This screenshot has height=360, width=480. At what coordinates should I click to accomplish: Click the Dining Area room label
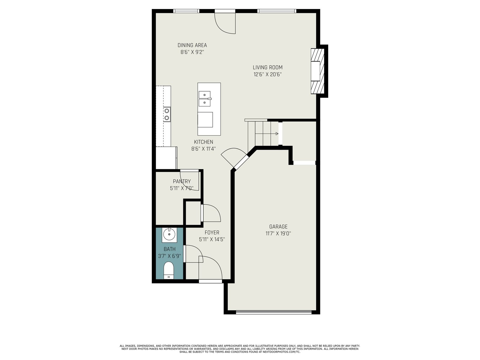pos(192,45)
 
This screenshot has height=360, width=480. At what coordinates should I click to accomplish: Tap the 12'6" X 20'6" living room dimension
pos(267,74)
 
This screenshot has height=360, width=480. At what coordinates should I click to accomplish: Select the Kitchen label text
pos(204,142)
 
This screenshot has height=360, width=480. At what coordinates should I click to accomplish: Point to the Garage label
pos(278,227)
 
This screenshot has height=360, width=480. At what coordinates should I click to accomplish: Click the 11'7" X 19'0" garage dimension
pos(278,233)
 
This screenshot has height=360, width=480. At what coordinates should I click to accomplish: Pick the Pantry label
pos(182,181)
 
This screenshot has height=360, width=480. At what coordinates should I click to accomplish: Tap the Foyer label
pos(212,232)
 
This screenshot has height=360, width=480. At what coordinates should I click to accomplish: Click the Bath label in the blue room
pos(169,249)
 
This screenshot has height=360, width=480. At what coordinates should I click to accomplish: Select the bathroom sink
pos(169,235)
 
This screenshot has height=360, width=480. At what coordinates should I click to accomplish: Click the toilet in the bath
pos(169,271)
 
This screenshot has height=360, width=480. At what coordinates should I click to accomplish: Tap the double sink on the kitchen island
pos(205,99)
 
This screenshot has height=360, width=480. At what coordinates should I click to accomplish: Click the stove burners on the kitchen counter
pos(167,114)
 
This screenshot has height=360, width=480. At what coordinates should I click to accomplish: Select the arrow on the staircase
pos(267,133)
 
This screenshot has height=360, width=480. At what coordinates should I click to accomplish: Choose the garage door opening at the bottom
pos(274,312)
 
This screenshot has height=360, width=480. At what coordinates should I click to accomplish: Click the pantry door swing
pos(189,180)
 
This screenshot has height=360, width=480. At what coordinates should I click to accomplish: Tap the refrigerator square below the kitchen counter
pos(166,158)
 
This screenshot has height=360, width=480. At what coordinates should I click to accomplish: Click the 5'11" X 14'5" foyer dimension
pos(212,239)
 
